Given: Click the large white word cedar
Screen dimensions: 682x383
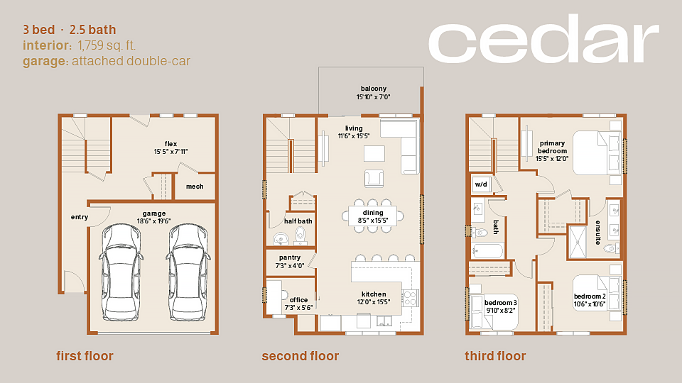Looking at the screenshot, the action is coord(543,38).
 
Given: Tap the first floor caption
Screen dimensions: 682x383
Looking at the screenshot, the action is coord(85,356).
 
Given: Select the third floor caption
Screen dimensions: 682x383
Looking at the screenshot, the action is coord(495,356).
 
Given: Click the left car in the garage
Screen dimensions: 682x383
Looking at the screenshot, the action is coord(121,272).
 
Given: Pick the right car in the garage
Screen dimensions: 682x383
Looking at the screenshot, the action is coord(188,272).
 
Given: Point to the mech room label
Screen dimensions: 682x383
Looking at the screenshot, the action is coord(195,187).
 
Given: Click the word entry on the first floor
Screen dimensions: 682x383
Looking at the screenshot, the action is coord(80,217).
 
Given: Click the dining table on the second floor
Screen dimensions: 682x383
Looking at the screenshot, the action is coord(373,216).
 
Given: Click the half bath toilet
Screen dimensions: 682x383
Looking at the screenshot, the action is coord(300,236).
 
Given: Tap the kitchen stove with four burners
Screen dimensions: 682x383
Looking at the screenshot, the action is coord(410,299).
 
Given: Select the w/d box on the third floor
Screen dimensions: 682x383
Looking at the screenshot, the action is coord(481,184).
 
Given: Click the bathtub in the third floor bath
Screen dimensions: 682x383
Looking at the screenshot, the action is coord(487,251).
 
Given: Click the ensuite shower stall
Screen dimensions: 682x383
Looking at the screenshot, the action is coord(578,242).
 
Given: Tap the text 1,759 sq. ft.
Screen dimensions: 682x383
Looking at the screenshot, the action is coord(107,45).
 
